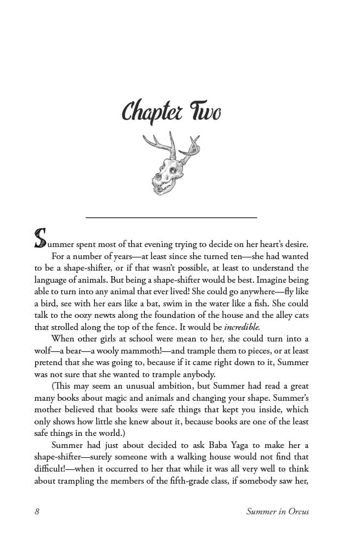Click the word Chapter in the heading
pos(152,112)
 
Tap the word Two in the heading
pos(205,112)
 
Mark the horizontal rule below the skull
pos(171,218)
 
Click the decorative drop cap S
pos(40,238)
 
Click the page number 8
pos(37,512)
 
